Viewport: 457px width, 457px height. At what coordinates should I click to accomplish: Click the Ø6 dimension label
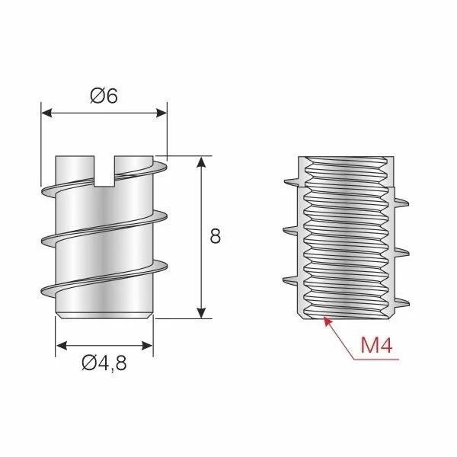(104, 96)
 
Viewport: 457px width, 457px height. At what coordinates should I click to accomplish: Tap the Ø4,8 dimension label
(104, 363)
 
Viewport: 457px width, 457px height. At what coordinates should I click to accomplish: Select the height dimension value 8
(215, 236)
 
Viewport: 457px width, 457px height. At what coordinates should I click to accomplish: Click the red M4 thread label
(376, 345)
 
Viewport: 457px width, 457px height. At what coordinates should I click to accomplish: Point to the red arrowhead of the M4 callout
(328, 321)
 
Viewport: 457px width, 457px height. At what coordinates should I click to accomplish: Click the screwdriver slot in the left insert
(104, 171)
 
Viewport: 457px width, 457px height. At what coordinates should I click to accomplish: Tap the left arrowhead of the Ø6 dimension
(46, 113)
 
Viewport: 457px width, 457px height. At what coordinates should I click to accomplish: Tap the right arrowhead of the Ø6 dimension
(161, 113)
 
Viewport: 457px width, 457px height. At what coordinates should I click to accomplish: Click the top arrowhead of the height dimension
(201, 161)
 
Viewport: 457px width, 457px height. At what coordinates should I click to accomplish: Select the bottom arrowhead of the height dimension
(201, 313)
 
